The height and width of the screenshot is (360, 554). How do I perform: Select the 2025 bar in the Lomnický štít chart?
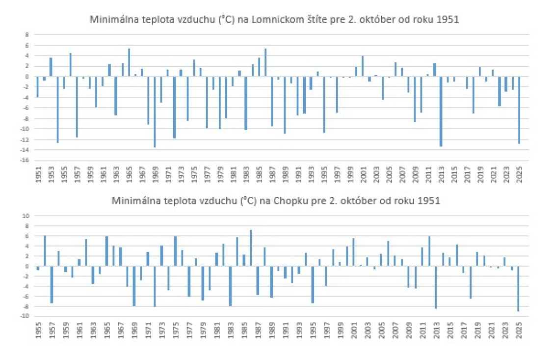point(519,110)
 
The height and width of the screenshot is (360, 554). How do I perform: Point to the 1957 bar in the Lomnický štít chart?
point(77,107)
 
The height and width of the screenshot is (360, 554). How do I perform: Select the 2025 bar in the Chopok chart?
point(518,288)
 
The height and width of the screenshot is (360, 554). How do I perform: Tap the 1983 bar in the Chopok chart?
point(230,286)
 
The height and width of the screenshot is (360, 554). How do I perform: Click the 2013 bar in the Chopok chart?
point(435,287)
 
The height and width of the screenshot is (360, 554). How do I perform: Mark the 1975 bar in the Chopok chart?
point(175,251)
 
